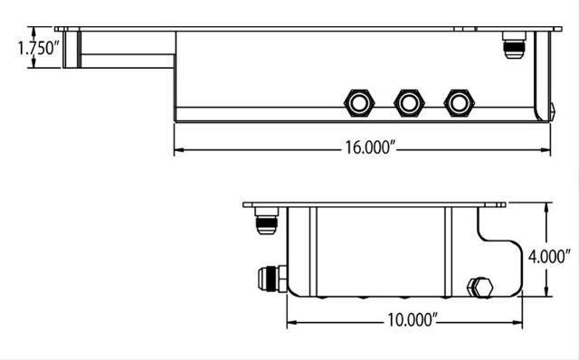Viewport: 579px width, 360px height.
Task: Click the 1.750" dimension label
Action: pyautogui.click(x=38, y=48)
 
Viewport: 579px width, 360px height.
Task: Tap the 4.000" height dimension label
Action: pyautogui.click(x=549, y=256)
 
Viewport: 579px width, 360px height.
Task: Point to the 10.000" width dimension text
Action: pyautogui.click(x=413, y=320)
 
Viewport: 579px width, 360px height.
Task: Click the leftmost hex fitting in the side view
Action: pyautogui.click(x=359, y=103)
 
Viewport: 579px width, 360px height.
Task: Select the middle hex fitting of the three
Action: pyautogui.click(x=409, y=103)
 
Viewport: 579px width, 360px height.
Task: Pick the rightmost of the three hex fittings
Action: pyautogui.click(x=459, y=103)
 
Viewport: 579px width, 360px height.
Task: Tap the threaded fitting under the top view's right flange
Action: pyautogui.click(x=514, y=45)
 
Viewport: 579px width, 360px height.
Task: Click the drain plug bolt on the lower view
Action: pyautogui.click(x=480, y=287)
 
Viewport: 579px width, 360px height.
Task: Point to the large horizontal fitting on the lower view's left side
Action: pyautogui.click(x=272, y=279)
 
